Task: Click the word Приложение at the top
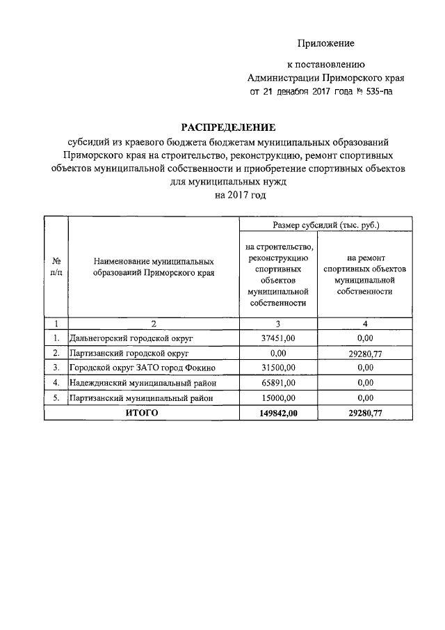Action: pos(326,43)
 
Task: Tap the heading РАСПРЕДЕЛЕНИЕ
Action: pos(229,127)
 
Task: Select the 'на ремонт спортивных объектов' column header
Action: pos(365,274)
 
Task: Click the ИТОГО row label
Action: pos(142,413)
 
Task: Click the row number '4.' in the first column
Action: pos(56,383)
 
